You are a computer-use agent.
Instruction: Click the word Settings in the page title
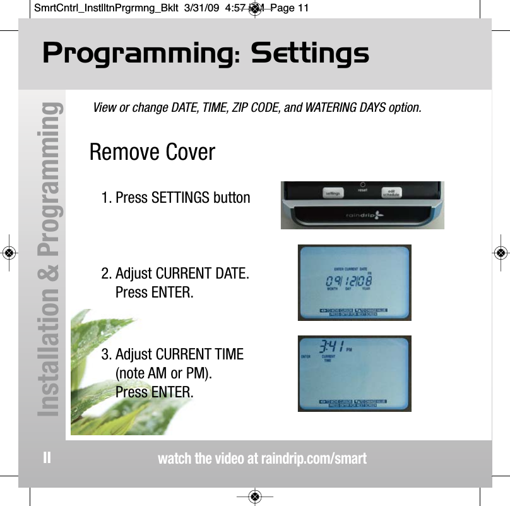click(x=310, y=54)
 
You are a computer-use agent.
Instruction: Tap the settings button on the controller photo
click(x=333, y=194)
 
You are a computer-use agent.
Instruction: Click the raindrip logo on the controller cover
click(x=363, y=215)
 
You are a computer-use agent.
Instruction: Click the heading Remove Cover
click(x=152, y=152)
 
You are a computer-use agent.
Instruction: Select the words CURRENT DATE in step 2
click(x=202, y=274)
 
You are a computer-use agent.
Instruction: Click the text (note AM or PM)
click(x=163, y=373)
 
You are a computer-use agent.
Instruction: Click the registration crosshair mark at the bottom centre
click(x=254, y=496)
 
